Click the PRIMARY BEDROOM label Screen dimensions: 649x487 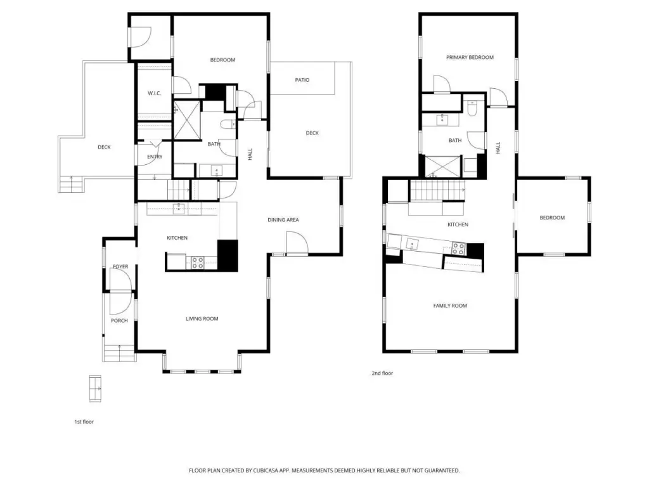click(470, 58)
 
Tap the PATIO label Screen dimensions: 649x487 click(302, 80)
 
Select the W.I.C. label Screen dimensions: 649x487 click(155, 94)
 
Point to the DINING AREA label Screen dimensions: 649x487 click(283, 220)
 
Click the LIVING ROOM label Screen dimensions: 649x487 click(202, 319)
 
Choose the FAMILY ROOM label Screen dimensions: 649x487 click(450, 306)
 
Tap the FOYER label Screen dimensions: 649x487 click(120, 267)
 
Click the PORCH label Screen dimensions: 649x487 click(119, 321)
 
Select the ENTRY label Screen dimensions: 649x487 click(155, 157)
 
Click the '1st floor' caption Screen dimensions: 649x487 click(84, 422)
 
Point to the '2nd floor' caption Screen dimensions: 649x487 click(382, 373)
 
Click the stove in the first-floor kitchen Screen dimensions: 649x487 click(198, 263)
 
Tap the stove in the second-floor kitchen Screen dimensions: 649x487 click(458, 249)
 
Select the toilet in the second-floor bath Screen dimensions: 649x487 click(472, 108)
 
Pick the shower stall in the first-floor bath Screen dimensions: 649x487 click(187, 120)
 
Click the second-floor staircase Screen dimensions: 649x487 click(437, 190)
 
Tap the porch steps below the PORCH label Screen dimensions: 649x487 click(120, 353)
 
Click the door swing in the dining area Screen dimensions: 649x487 click(297, 242)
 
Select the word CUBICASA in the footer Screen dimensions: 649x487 click(268, 471)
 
